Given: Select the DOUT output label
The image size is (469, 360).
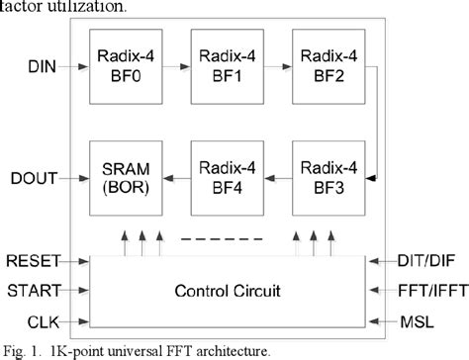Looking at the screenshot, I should click(x=34, y=177).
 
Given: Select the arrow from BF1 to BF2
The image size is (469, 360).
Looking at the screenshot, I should click(x=276, y=71).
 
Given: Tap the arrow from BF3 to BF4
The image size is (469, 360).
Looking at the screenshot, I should click(x=276, y=178).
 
